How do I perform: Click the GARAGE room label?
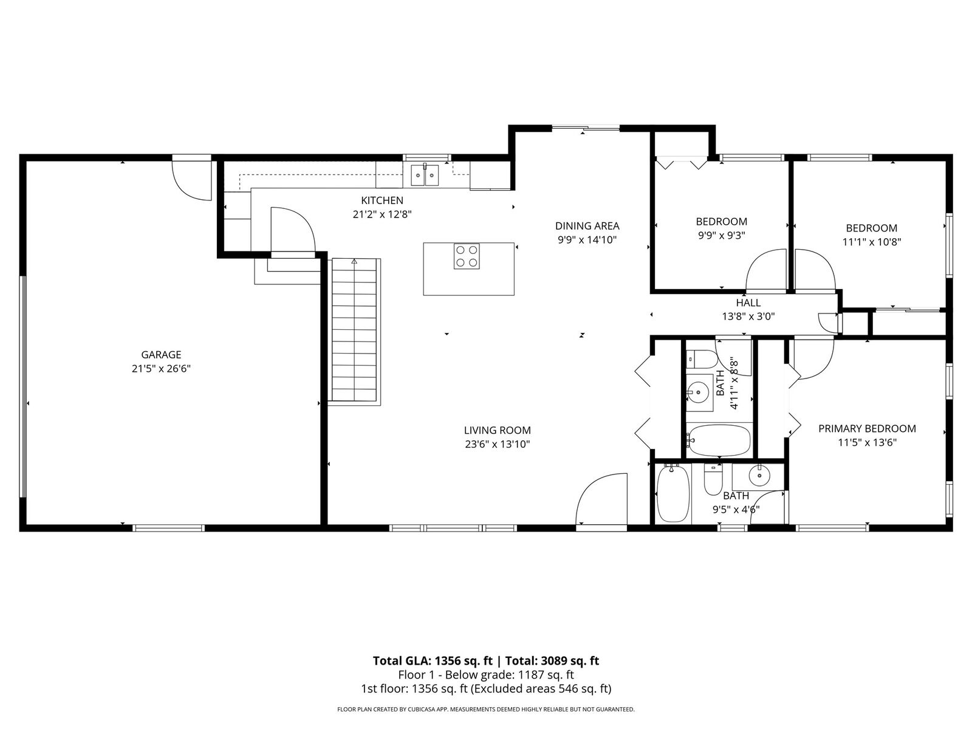coord(161,355)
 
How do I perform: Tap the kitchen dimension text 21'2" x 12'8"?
coord(382,214)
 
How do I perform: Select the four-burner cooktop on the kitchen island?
coord(467,256)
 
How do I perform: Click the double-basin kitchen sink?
coord(425,176)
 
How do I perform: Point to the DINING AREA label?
coord(587,226)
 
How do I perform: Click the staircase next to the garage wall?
coord(355,331)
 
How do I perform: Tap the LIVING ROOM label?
coord(497,430)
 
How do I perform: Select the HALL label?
coord(748,303)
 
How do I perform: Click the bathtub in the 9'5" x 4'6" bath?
coord(673,493)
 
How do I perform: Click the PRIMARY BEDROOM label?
coord(867,428)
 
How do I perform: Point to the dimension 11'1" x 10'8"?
coord(871,242)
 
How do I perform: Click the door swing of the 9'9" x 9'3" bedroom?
coord(766,271)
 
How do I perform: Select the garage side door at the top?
coord(191,177)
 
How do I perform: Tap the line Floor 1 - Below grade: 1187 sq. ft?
coord(485,675)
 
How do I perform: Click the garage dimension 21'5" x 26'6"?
coord(161,368)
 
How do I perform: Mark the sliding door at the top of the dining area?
coord(585,128)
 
